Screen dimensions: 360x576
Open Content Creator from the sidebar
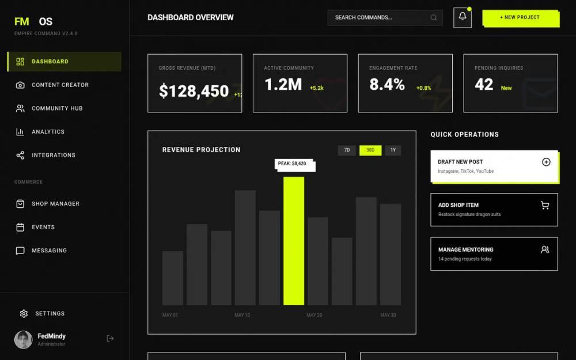tap(60, 85)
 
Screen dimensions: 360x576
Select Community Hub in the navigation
tap(57, 108)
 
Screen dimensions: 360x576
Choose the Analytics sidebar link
tap(48, 132)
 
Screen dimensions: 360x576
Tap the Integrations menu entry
tap(53, 155)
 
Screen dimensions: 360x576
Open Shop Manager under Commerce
tap(55, 204)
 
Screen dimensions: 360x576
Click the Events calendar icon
tap(20, 228)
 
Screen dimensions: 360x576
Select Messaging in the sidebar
tap(49, 251)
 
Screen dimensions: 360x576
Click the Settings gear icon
tap(24, 314)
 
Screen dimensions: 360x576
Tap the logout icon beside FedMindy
tap(110, 339)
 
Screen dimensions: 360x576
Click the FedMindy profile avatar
tap(24, 340)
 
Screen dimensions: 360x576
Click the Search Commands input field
tap(380, 18)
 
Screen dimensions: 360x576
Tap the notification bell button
tap(462, 17)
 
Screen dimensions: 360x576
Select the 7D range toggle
tap(347, 150)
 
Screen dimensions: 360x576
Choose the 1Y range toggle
tap(393, 150)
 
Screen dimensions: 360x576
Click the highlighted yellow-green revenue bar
tap(294, 241)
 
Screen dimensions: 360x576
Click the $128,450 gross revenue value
tap(194, 91)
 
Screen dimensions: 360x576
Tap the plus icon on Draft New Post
tap(546, 162)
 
